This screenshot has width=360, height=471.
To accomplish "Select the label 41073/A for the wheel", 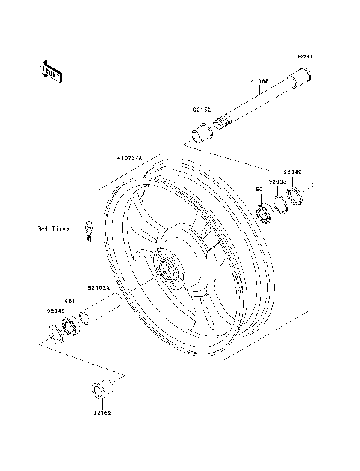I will [130, 158].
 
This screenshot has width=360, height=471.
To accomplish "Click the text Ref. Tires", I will [55, 228].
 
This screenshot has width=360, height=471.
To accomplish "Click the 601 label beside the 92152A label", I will [68, 301].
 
